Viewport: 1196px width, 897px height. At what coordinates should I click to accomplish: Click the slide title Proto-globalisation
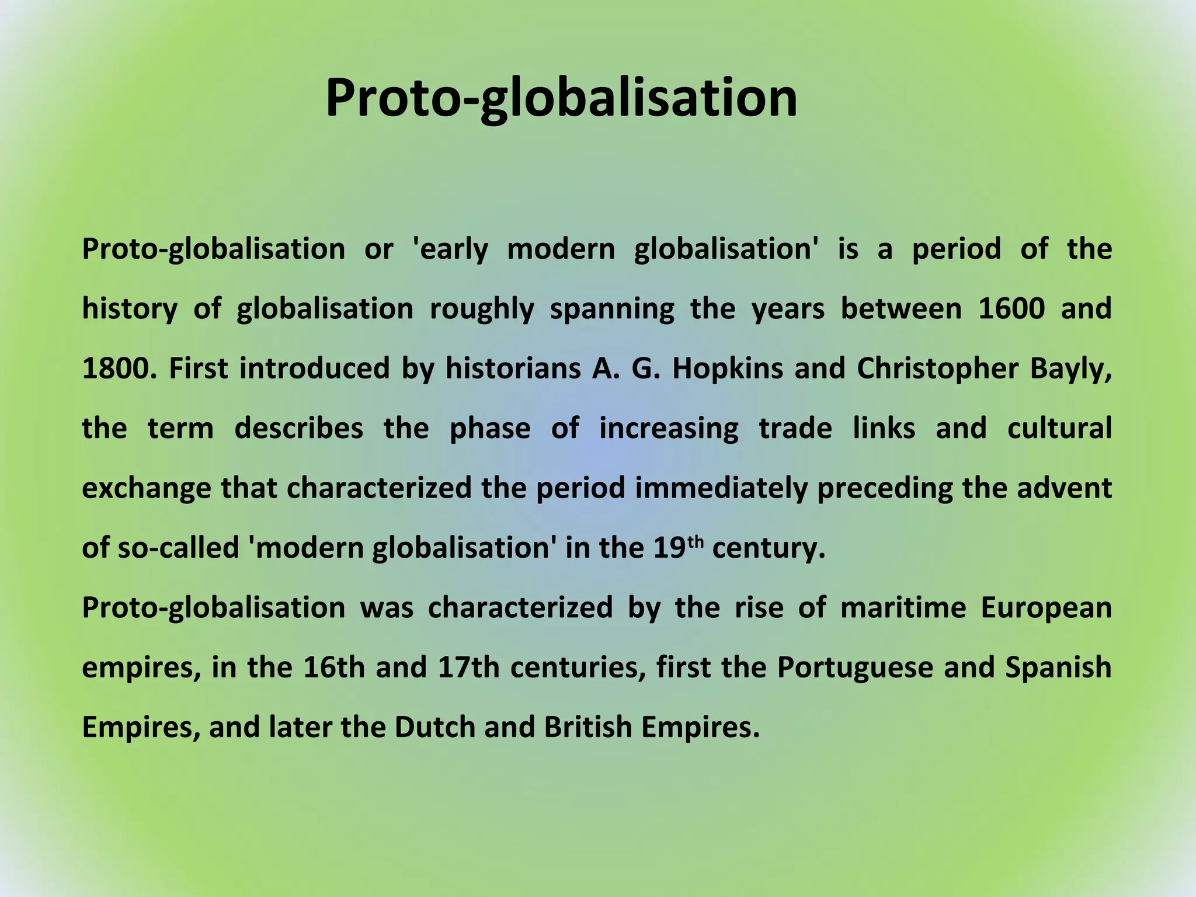561,98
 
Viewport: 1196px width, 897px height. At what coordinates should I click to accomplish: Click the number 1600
1011,308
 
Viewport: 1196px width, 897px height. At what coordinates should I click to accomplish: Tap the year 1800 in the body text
119,368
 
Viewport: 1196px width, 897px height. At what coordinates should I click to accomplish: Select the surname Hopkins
727,368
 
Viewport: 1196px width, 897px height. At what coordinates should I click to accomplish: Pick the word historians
513,368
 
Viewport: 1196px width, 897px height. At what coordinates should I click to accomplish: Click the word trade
795,428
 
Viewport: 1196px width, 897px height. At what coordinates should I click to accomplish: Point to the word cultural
1059,428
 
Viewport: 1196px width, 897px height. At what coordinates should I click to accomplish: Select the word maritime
902,608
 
